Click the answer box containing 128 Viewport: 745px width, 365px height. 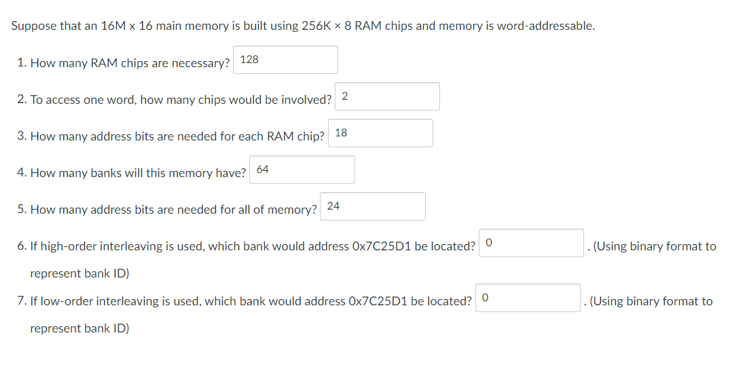pos(285,60)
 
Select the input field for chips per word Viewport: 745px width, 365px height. pos(387,96)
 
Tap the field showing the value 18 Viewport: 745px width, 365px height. pos(380,133)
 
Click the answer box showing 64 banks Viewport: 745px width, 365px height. pos(302,170)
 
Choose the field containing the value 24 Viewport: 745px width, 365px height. pos(373,206)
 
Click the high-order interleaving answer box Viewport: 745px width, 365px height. pos(531,243)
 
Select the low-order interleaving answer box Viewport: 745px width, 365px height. pos(528,298)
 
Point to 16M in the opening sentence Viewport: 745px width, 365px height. pos(112,26)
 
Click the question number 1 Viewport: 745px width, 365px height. pos(21,63)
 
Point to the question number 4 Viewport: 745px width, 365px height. pos(21,173)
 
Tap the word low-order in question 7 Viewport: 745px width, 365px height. pos(65,301)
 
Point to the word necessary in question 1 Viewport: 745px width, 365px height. pos(203,63)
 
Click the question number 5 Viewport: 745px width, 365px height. pos(21,210)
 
